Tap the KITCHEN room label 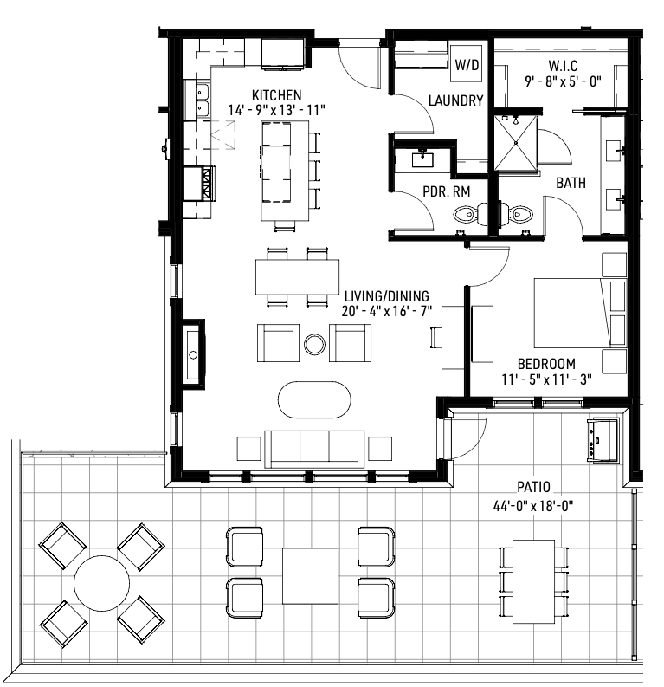277,95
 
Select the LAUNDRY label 455,100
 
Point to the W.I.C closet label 563,66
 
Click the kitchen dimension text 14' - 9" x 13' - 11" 277,110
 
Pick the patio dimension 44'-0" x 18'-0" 533,506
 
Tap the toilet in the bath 517,215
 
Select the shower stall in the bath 516,142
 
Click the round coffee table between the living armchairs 314,344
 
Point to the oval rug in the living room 314,400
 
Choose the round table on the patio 101,583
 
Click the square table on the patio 310,576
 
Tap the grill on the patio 603,440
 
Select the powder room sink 422,159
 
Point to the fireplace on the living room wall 193,354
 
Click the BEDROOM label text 546,364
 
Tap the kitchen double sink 203,100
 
